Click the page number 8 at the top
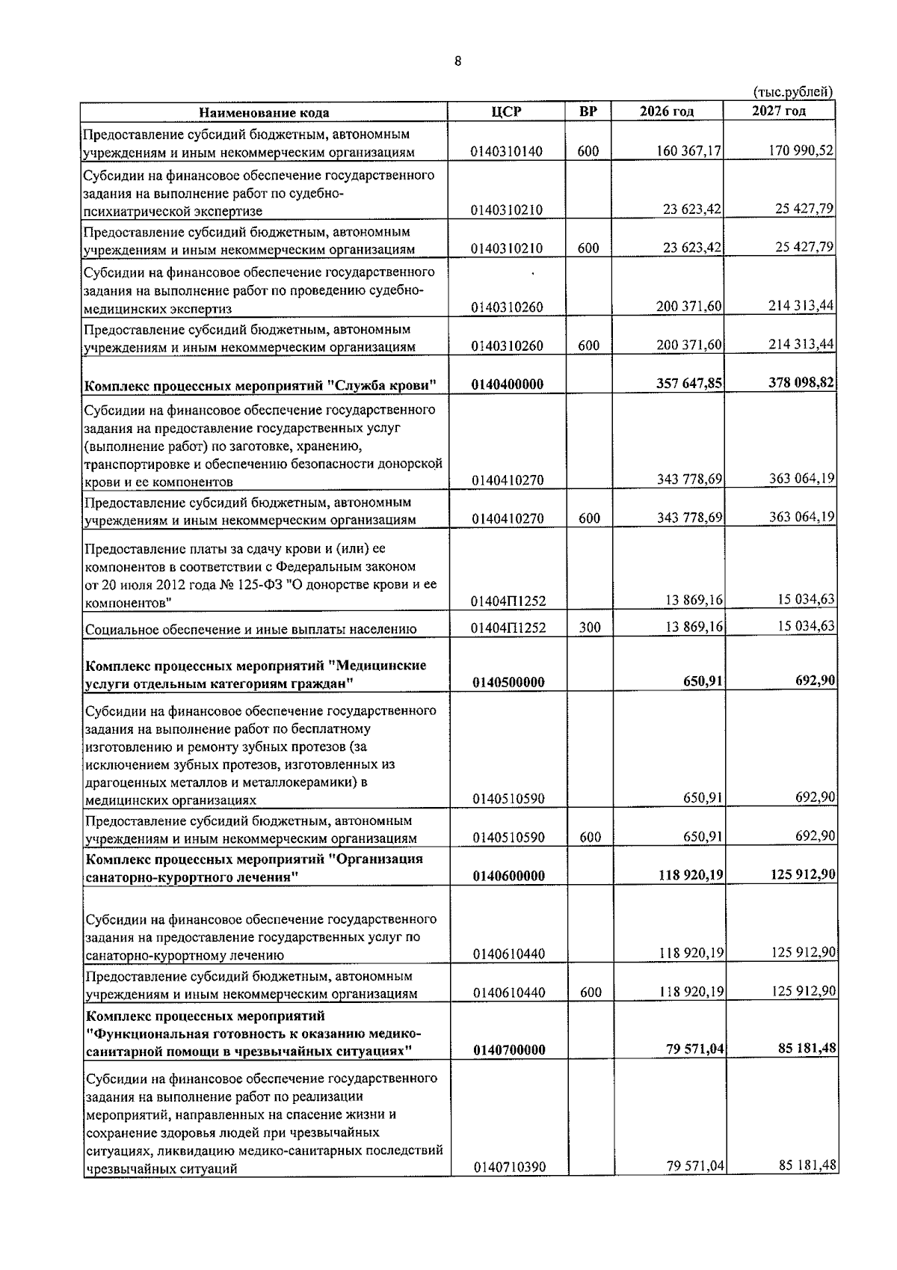point(457,61)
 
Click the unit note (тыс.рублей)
point(791,93)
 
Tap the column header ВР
point(588,111)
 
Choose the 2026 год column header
point(667,111)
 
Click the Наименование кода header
point(264,112)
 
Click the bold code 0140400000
point(508,384)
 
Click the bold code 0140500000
point(508,682)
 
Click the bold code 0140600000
point(508,876)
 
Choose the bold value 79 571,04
point(695,1049)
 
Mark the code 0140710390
point(508,1187)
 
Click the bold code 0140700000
point(508,1050)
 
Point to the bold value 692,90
point(816,680)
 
